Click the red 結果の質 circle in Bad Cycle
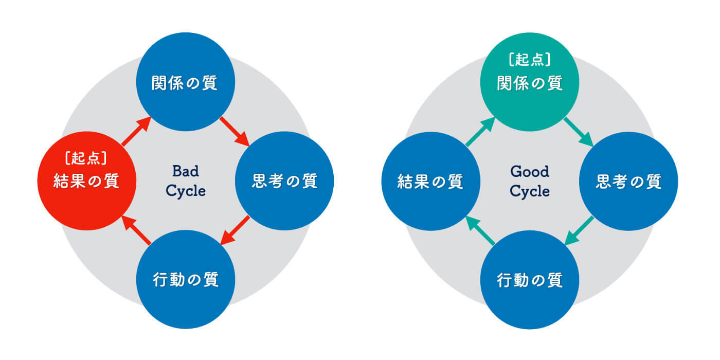click(x=87, y=181)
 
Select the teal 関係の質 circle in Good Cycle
click(x=530, y=82)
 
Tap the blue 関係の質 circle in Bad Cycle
click(x=186, y=82)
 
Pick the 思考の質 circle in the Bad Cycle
click(x=284, y=181)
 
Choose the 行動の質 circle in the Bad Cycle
click(x=186, y=279)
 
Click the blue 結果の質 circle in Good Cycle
click(x=431, y=181)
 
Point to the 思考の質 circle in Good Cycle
click(x=628, y=181)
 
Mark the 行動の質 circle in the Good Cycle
click(x=530, y=280)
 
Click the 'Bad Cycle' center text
click(x=186, y=181)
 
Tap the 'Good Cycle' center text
click(x=530, y=181)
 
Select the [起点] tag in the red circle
click(x=86, y=158)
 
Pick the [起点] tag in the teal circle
click(x=530, y=60)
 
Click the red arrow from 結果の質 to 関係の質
click(x=136, y=132)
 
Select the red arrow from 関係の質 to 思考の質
click(x=235, y=132)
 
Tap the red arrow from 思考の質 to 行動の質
click(x=235, y=230)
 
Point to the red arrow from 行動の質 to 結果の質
click(x=136, y=230)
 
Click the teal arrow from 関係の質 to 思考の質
click(x=579, y=132)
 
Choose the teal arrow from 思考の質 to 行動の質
click(x=579, y=230)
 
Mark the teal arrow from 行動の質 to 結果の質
click(x=480, y=230)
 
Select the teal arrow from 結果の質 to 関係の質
click(x=480, y=132)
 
